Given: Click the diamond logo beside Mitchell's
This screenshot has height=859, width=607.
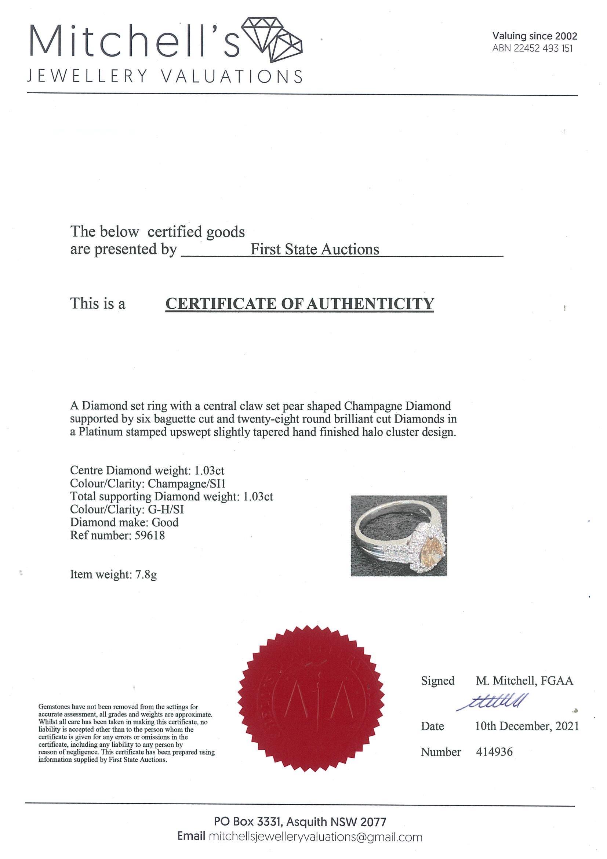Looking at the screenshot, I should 272,40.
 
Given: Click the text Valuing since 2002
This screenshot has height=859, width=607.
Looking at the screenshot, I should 534,36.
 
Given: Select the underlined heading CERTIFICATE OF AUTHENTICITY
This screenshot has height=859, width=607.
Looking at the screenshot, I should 299,304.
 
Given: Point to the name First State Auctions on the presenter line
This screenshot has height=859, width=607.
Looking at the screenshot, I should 315,249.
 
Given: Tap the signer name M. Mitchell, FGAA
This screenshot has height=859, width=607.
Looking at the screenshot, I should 524,681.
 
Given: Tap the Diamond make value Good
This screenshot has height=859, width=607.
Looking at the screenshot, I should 165,522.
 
